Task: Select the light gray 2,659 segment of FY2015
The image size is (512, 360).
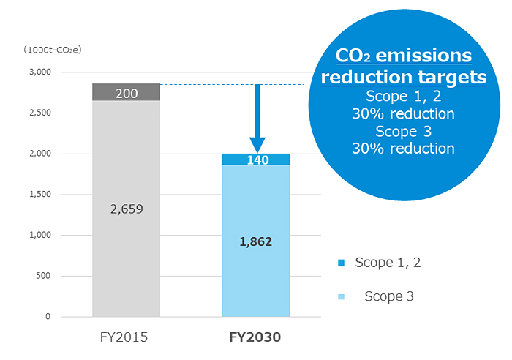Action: coord(127,209)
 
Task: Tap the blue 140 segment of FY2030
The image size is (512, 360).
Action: coord(255,160)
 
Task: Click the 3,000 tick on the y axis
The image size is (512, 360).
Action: coord(37,72)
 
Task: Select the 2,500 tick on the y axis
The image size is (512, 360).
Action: coord(37,113)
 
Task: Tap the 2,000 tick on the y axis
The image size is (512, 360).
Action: coord(37,154)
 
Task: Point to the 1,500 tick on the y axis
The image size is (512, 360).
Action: coord(37,195)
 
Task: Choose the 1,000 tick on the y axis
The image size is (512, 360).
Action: coord(37,235)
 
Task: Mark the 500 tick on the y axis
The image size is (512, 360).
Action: coord(41,276)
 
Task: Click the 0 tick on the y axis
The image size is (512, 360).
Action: coord(47,317)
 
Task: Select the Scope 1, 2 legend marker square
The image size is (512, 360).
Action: coord(341,262)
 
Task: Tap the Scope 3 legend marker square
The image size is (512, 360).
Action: coord(341,296)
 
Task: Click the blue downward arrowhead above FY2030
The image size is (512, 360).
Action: coord(257,144)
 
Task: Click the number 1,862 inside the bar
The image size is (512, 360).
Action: coord(255,241)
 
